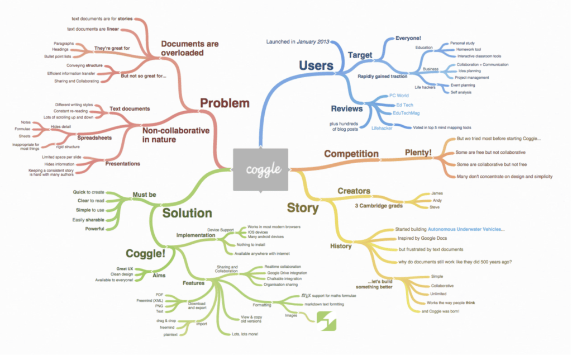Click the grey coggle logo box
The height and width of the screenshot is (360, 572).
point(260,169)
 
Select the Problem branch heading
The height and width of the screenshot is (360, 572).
point(225,103)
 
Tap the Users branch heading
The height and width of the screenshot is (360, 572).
point(316,65)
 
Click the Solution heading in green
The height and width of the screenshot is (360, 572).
point(187,213)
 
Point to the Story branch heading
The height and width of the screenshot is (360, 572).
point(302,208)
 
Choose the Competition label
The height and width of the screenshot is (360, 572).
point(351,154)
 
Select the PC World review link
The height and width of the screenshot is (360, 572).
point(399,96)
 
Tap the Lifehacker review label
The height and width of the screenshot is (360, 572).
point(383,128)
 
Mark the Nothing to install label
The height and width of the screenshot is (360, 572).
point(251,245)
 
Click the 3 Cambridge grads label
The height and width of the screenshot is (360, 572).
point(379,205)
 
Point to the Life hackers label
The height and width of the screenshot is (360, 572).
point(425,88)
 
